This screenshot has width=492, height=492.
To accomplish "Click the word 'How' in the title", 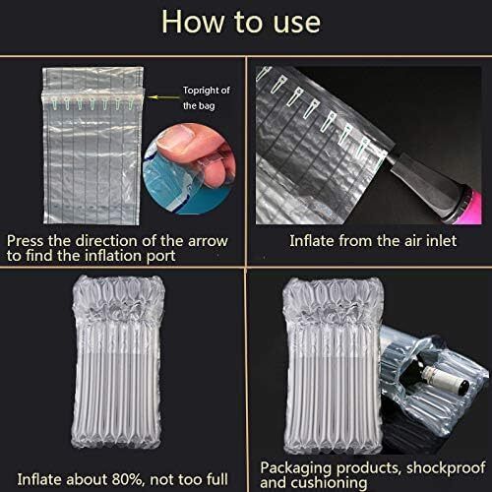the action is click(x=193, y=22).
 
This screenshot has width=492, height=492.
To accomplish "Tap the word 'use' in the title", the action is click(x=296, y=24).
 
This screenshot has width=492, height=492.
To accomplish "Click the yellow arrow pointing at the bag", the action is click(x=163, y=97).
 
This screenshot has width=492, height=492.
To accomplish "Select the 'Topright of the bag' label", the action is click(x=206, y=97).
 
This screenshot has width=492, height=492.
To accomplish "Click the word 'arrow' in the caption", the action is click(x=208, y=241).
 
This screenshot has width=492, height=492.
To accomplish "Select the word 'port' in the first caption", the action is click(x=160, y=257).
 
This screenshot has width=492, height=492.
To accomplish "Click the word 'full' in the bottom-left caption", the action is click(x=217, y=479).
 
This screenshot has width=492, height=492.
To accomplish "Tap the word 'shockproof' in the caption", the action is click(x=446, y=468).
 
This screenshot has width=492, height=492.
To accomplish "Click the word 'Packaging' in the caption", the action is click(x=296, y=468).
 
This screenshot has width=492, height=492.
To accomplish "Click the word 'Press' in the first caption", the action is click(x=26, y=241).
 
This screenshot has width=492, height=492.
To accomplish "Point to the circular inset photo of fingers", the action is click(x=189, y=168).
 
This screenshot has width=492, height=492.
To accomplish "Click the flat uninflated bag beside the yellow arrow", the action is click(x=92, y=146).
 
